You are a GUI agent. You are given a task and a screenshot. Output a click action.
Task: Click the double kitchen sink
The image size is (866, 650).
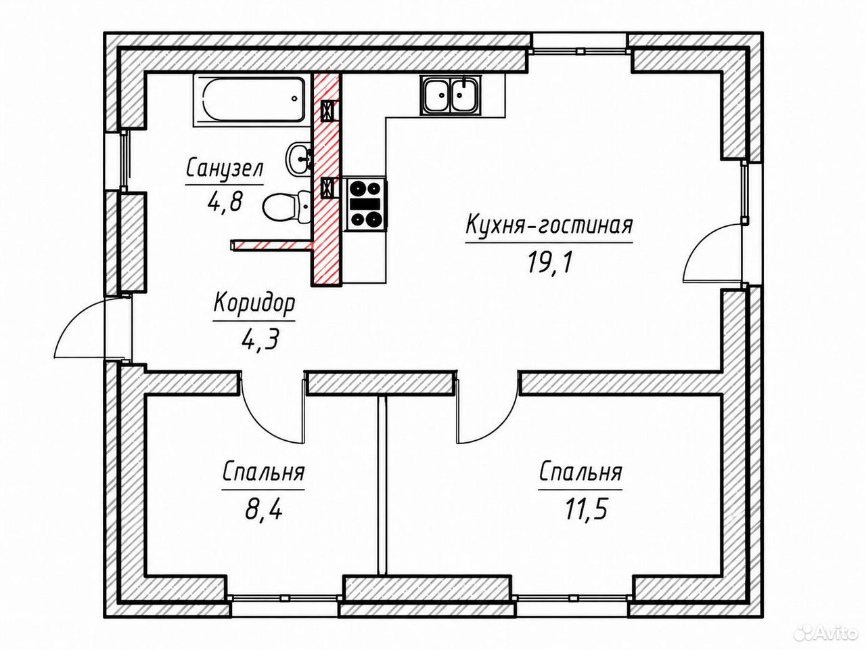pos(451,95)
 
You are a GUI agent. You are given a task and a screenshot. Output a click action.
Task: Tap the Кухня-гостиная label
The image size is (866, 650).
pos(549,225)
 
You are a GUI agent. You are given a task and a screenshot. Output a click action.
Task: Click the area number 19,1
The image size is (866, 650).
pos(549,263)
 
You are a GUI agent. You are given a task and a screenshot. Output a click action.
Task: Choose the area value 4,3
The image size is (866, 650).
pos(260,339)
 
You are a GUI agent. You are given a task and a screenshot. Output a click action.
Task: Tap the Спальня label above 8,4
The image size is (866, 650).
pos(264,473)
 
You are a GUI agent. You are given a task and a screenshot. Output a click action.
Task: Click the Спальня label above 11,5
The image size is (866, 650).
pos(580,473)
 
